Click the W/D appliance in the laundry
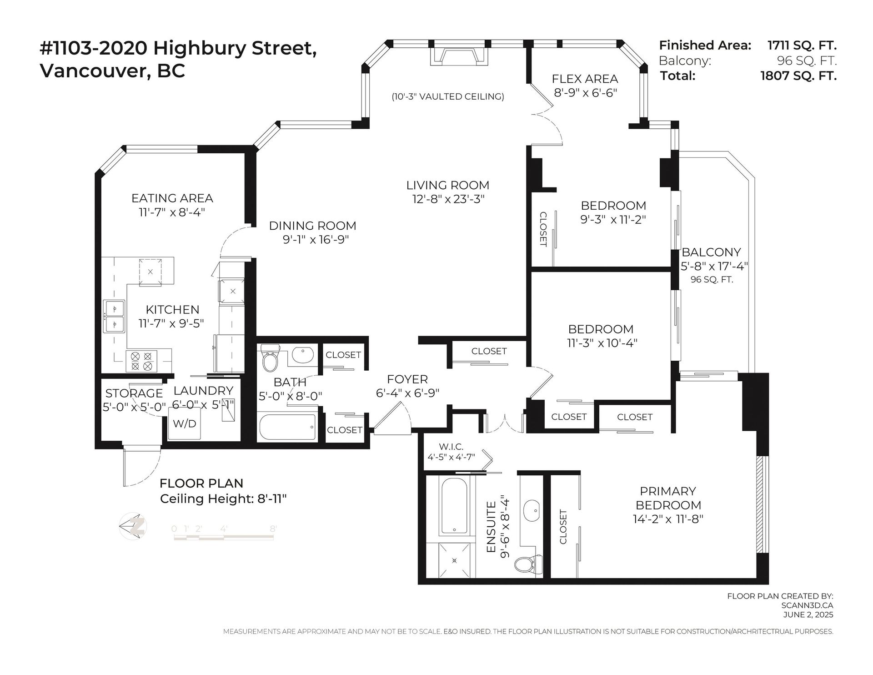[x=184, y=423]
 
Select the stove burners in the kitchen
[x=141, y=361]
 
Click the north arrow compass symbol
[x=132, y=527]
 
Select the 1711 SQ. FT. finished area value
[x=802, y=45]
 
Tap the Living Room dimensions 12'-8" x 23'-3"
[x=447, y=199]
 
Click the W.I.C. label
[x=451, y=447]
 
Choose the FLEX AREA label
[x=585, y=79]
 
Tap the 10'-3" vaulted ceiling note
[x=448, y=96]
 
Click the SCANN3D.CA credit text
[x=807, y=605]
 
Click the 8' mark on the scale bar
[x=273, y=529]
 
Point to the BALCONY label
[x=711, y=252]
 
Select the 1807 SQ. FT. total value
[x=798, y=76]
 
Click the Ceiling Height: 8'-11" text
[x=223, y=499]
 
